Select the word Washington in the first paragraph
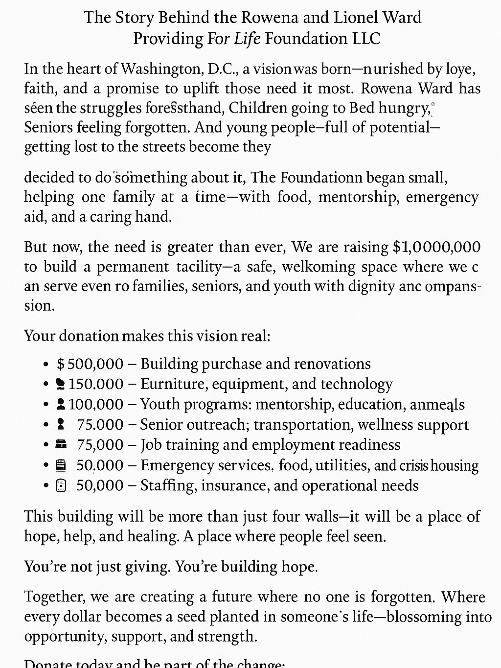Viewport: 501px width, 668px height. pyautogui.click(x=162, y=69)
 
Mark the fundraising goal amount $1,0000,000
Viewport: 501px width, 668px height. pyautogui.click(x=436, y=247)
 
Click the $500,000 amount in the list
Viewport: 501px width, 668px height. pyautogui.click(x=90, y=364)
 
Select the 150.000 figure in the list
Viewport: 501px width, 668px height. pyautogui.click(x=96, y=384)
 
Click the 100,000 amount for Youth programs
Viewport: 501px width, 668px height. pyautogui.click(x=96, y=404)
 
